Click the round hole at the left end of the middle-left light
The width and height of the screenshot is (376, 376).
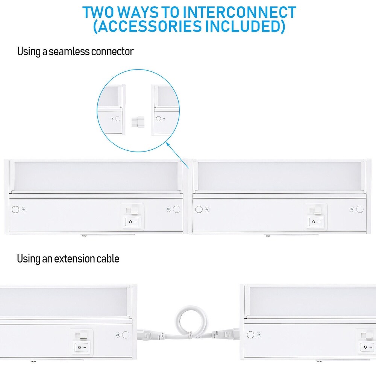click(16, 209)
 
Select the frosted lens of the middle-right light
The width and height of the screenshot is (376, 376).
click(278, 176)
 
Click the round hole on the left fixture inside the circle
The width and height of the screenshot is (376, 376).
click(118, 118)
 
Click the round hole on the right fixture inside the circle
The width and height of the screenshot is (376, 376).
click(158, 118)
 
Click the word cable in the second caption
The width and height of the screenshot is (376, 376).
click(108, 259)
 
